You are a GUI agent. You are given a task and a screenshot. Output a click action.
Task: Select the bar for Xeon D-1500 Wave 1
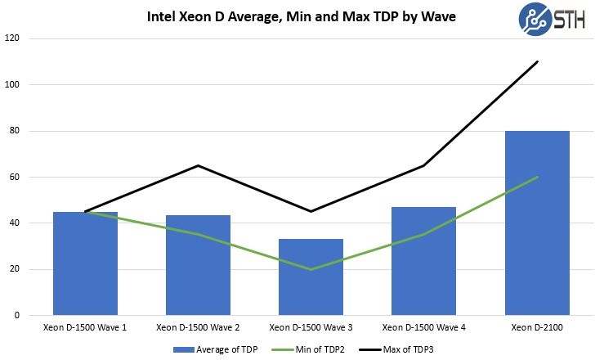pos(85,263)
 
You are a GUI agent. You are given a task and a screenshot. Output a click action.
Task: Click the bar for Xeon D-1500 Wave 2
pos(198,265)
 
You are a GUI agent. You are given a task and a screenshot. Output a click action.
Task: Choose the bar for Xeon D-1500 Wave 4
pos(423,261)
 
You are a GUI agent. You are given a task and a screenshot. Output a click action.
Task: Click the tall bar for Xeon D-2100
pos(537,223)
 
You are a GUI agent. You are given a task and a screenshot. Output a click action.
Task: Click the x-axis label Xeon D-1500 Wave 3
pos(311,327)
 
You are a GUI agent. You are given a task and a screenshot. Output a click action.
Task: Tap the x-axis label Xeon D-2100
pos(537,327)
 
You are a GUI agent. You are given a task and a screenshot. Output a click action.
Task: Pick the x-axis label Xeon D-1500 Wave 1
pos(85,327)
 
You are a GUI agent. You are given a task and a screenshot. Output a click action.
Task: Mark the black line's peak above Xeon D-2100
pos(537,61)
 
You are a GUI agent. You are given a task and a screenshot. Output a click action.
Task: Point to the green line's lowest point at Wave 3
pos(311,269)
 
